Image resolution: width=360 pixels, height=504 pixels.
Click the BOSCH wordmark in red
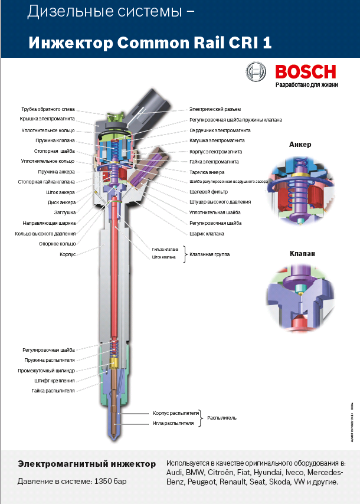(x=305, y=72)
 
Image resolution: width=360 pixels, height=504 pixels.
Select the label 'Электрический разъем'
(x=215, y=109)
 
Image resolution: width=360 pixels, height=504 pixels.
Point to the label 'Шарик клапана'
(x=207, y=234)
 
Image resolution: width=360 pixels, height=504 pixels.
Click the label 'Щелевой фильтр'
(x=208, y=192)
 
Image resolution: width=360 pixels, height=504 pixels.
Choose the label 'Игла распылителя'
(x=174, y=423)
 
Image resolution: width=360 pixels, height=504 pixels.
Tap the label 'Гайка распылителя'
(x=54, y=391)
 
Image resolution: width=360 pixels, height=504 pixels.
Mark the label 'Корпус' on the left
(x=67, y=254)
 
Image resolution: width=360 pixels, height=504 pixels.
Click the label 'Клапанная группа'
(x=210, y=254)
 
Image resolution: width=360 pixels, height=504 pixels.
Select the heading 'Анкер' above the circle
(x=300, y=145)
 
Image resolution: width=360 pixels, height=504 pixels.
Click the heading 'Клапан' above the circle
(x=302, y=254)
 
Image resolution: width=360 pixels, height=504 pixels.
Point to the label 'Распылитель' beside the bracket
(x=221, y=418)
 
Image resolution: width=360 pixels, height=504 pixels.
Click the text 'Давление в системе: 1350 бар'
(x=72, y=482)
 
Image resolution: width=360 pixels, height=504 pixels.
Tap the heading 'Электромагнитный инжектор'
(x=87, y=464)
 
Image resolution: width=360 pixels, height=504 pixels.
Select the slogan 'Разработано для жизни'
(x=306, y=84)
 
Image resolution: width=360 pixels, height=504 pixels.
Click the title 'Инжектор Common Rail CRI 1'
(x=150, y=42)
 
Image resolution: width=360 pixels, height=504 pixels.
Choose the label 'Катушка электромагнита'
(x=217, y=140)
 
